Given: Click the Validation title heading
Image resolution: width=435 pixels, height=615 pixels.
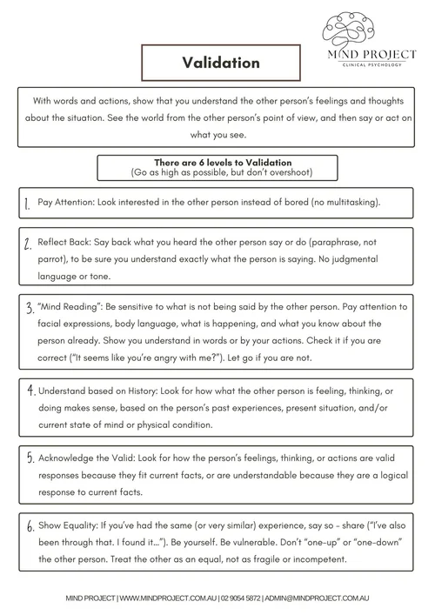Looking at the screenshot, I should (221, 63).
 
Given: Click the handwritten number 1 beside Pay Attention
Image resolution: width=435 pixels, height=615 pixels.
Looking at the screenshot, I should (28, 204).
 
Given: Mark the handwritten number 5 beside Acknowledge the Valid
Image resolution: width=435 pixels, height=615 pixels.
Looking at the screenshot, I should (30, 458).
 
